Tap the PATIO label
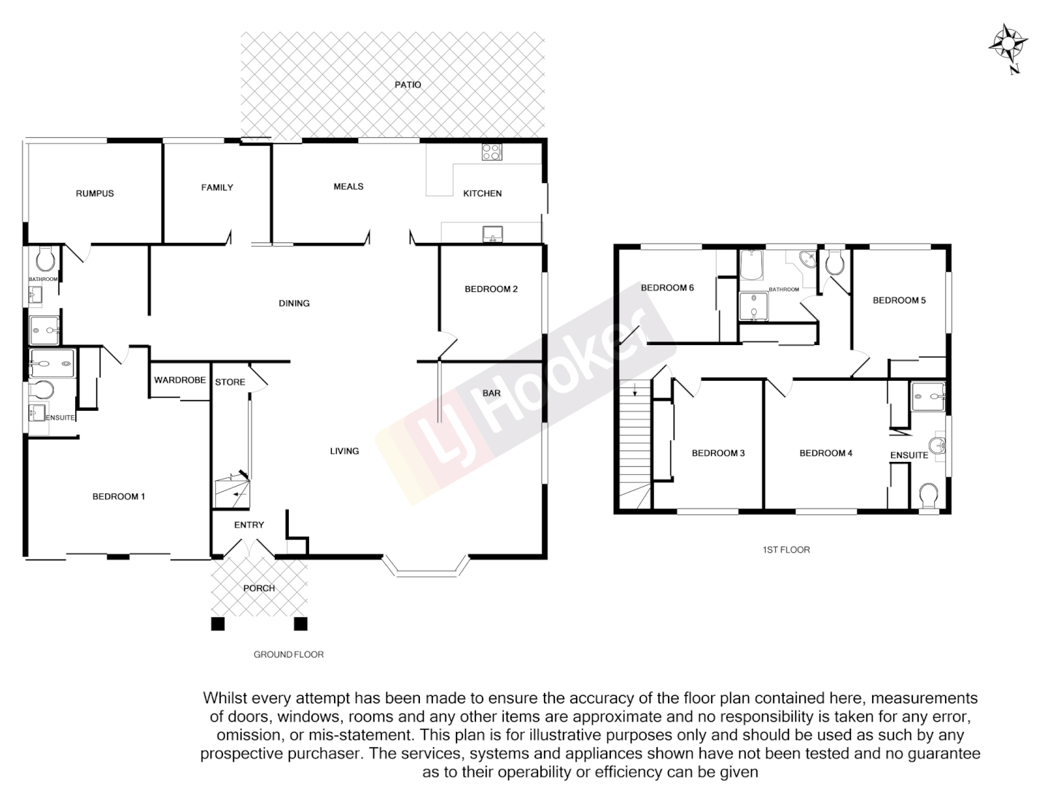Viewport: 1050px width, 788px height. click(x=408, y=85)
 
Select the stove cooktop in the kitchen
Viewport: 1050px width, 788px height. click(x=491, y=152)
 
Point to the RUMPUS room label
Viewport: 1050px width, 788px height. click(x=95, y=193)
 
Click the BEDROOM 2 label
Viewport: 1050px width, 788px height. click(x=491, y=289)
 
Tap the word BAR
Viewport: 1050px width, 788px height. click(x=491, y=393)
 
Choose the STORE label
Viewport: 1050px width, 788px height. click(x=230, y=382)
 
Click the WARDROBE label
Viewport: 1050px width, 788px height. click(x=179, y=380)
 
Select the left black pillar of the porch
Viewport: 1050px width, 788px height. click(x=217, y=624)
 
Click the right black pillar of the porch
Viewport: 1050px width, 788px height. click(x=300, y=624)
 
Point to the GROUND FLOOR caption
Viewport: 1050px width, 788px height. click(x=288, y=654)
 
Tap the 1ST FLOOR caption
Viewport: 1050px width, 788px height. click(x=785, y=549)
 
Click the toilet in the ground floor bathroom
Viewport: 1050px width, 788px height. click(x=44, y=258)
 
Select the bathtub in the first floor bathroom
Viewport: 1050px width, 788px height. click(x=751, y=266)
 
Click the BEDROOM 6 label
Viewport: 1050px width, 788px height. click(x=666, y=287)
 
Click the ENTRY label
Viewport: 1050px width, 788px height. click(x=249, y=525)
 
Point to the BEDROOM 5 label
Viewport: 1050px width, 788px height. click(x=898, y=300)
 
